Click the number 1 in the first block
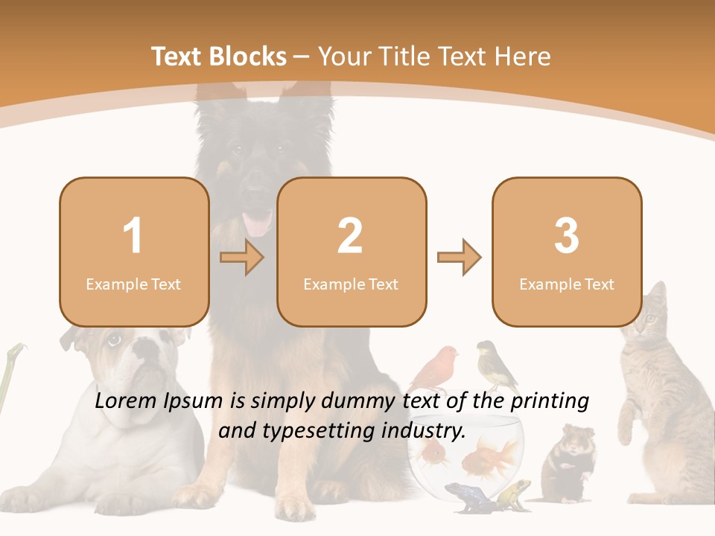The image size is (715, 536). [x=133, y=237]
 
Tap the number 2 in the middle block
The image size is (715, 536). [x=350, y=237]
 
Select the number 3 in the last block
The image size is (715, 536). [x=567, y=237]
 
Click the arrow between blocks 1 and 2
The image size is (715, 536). [x=242, y=258]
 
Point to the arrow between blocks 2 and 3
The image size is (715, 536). [x=459, y=258]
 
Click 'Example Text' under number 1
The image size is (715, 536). [x=133, y=284]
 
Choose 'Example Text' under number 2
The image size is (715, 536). [x=351, y=284]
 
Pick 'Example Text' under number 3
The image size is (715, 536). [x=567, y=284]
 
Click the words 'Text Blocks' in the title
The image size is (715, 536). [x=219, y=57]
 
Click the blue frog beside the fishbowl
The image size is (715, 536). [x=463, y=496]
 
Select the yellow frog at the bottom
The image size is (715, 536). [x=513, y=492]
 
